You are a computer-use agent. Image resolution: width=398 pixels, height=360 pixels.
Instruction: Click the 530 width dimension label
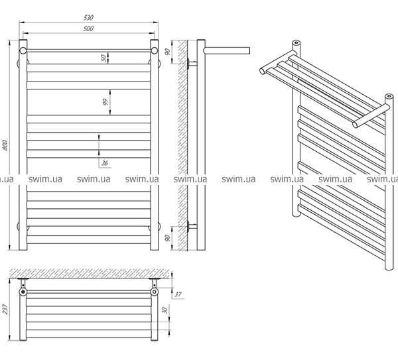tap(89, 17)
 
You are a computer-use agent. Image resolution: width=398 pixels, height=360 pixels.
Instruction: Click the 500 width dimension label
tap(89, 29)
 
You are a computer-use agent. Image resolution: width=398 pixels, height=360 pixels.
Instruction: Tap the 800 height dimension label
tap(5, 145)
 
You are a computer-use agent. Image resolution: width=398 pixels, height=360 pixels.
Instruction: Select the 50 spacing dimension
tap(104, 58)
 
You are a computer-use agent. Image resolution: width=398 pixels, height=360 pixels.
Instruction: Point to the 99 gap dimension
tap(105, 102)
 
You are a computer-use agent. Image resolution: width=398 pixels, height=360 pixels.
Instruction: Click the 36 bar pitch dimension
tap(105, 163)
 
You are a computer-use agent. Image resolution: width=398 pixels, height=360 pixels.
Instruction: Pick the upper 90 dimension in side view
tap(168, 52)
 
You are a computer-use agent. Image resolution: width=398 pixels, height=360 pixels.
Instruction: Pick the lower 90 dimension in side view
tap(168, 238)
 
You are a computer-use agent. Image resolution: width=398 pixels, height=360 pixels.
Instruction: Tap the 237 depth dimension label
tap(5, 309)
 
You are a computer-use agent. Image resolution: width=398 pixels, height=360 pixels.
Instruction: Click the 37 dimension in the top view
tap(178, 294)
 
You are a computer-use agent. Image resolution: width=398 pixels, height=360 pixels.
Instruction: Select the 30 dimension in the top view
tap(165, 310)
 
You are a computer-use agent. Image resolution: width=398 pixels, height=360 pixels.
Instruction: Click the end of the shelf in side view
tap(249, 50)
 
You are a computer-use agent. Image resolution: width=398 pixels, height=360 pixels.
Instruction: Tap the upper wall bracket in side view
tap(192, 64)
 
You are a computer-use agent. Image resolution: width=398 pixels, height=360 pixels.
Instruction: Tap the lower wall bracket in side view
tap(192, 226)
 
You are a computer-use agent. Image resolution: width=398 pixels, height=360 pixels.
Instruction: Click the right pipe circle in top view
tap(154, 292)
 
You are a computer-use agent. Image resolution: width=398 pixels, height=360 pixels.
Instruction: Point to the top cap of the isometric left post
tap(296, 42)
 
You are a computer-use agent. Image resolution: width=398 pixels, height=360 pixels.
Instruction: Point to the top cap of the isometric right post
tap(389, 96)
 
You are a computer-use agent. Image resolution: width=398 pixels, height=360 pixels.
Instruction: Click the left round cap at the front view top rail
tap(23, 50)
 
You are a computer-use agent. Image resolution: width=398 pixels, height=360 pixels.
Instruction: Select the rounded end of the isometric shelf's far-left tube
tap(263, 70)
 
